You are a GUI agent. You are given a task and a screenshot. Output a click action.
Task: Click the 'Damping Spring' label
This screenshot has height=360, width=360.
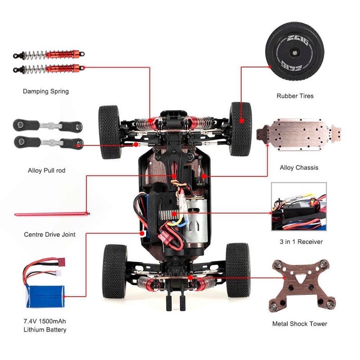46,91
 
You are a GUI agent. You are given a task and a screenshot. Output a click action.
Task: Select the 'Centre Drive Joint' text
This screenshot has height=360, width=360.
49,234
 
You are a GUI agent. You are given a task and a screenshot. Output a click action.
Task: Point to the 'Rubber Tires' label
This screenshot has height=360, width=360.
295,96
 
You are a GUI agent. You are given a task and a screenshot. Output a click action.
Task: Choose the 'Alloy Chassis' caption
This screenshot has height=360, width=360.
299,168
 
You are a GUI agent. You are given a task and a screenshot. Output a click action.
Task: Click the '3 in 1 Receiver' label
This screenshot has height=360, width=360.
301,242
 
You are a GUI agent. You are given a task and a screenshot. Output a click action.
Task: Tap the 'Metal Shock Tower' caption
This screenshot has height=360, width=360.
300,324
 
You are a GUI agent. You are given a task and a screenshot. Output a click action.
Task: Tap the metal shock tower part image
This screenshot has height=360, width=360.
299,287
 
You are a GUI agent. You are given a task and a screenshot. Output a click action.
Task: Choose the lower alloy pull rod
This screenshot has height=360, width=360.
48,142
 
